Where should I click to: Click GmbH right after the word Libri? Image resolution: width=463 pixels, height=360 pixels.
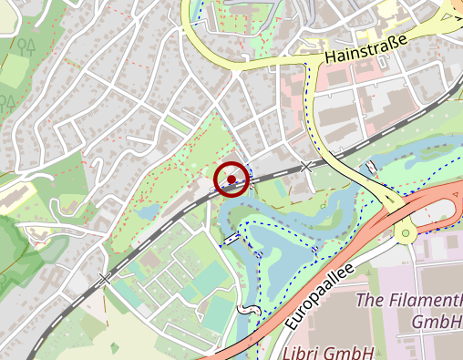point(353,353)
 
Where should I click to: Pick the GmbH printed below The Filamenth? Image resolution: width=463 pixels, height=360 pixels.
point(436,322)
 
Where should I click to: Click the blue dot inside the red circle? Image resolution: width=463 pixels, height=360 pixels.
point(231,180)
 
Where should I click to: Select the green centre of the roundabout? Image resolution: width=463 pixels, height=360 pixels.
point(404,234)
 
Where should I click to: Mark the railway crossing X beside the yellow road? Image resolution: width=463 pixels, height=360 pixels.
point(307,167)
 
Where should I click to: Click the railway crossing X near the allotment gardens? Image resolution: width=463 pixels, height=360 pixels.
point(106,278)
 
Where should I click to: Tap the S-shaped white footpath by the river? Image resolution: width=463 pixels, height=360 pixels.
point(243,310)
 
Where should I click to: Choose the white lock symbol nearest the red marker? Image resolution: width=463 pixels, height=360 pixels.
point(232,237)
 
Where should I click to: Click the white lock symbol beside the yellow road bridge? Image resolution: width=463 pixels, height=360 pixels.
point(372,167)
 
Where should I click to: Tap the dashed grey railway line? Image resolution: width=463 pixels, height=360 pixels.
point(164,223)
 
